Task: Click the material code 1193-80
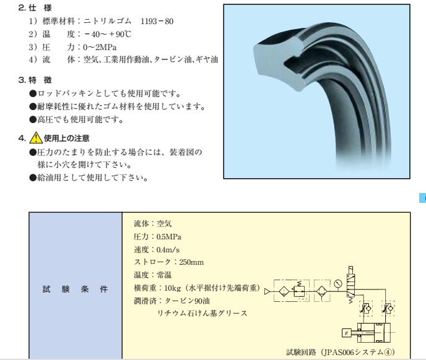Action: [157, 21]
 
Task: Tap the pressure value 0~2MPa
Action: [100, 46]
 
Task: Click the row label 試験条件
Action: [75, 289]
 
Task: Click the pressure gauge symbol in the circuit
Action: [337, 284]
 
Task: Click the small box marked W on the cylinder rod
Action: [346, 333]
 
